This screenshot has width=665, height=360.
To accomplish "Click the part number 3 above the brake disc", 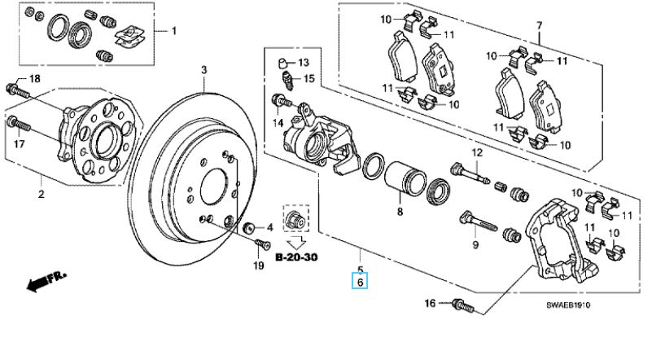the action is point(204,69).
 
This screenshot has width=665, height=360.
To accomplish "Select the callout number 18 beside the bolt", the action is point(34,78).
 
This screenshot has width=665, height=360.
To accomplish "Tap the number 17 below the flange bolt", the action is point(19,144).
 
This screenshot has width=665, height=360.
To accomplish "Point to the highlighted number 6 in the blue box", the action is point(361,282).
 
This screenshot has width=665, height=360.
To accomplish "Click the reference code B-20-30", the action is point(296,257).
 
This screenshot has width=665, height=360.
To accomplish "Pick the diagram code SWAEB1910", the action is point(568,305).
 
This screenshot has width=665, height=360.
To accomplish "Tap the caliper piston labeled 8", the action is point(405,179).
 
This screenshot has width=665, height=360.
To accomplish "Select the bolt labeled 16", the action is point(462,305).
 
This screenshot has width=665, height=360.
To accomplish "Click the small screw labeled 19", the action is point(263,245).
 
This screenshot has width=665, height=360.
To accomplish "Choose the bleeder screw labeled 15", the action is point(287,81).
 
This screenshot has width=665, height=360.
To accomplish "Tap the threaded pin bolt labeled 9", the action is point(479,222).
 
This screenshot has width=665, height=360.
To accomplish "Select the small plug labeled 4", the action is point(249,227).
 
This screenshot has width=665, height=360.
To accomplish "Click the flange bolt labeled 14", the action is point(281,101).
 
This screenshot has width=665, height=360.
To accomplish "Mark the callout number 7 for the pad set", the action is point(539,25).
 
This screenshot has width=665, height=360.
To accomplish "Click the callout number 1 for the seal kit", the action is point(173,31).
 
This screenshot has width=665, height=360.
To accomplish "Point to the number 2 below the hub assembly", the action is point(42,195).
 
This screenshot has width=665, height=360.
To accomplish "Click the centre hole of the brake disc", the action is point(215,187).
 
